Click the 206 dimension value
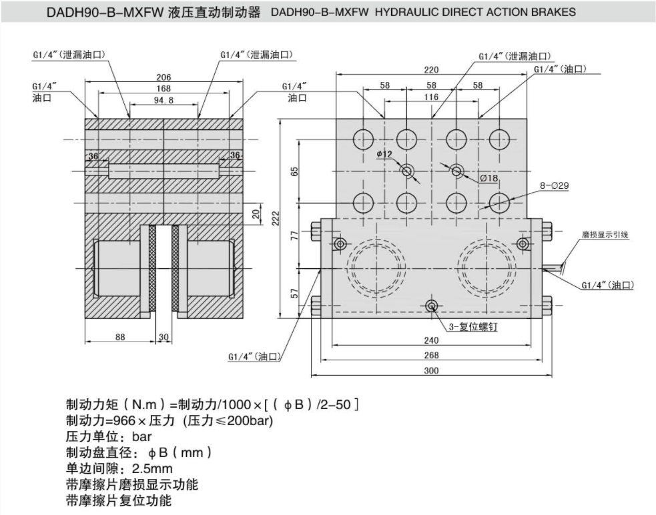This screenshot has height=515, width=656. [x=163, y=77]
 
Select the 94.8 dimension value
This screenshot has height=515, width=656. [x=163, y=101]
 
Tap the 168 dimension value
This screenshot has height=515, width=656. [x=163, y=89]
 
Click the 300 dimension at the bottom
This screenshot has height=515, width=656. [x=432, y=371]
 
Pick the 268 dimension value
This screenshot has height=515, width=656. [x=432, y=356]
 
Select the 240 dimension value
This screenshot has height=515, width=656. [x=432, y=340]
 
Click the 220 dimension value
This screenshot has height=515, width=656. [x=432, y=69]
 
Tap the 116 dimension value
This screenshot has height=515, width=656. [x=432, y=97]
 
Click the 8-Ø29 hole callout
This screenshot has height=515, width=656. [x=553, y=186]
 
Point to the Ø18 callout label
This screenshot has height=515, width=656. [x=489, y=178]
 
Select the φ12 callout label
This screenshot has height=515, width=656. [x=384, y=154]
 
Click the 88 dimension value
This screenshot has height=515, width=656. [x=119, y=337]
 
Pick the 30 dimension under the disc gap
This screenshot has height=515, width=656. [x=163, y=337]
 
